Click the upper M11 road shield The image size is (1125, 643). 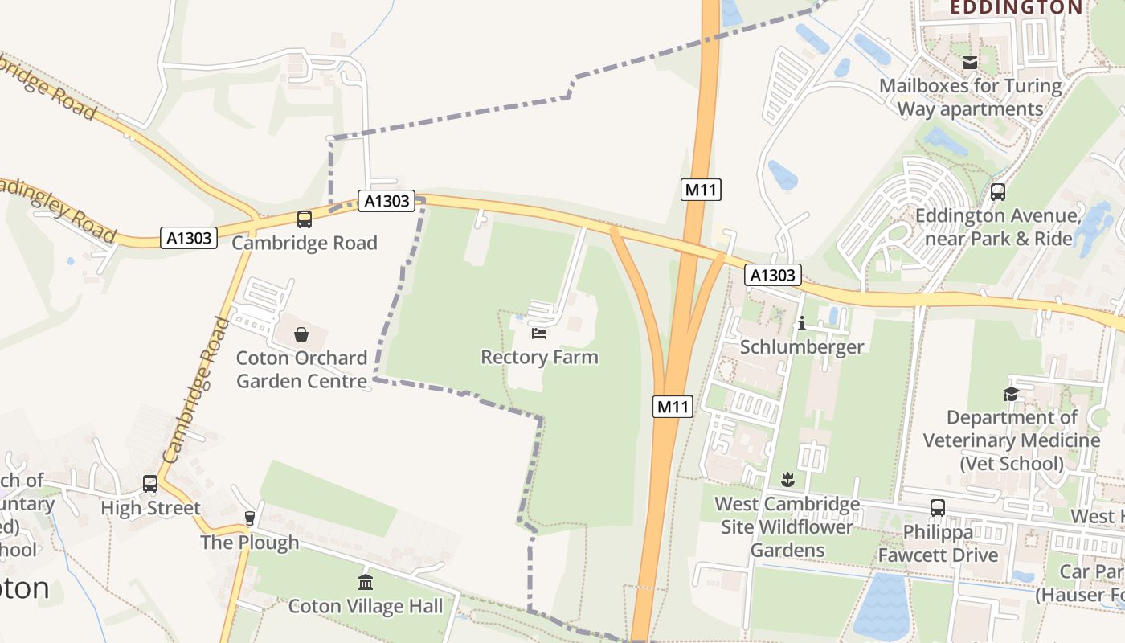pyautogui.click(x=701, y=190)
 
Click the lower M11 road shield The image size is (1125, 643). pyautogui.click(x=673, y=407)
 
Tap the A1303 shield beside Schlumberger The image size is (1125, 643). pyautogui.click(x=772, y=275)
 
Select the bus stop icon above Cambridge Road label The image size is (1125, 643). pyautogui.click(x=305, y=219)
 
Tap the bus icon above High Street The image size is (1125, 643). pyautogui.click(x=150, y=483)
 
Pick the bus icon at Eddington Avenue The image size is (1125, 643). pyautogui.click(x=997, y=192)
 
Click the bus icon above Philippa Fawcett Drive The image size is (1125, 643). pyautogui.click(x=937, y=507)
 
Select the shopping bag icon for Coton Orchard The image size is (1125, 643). pyautogui.click(x=301, y=334)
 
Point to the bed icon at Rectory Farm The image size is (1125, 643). pyautogui.click(x=539, y=333)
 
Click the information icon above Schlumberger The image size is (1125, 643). pyautogui.click(x=801, y=323)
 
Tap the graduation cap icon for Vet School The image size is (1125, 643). pyautogui.click(x=1011, y=394)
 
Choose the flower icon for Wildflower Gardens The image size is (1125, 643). pyautogui.click(x=787, y=480)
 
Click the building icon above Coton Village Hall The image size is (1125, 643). pyautogui.click(x=366, y=582)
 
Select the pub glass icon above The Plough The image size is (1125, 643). pyautogui.click(x=249, y=518)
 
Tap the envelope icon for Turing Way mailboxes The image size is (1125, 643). pyautogui.click(x=970, y=62)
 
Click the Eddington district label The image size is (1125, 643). pyautogui.click(x=1016, y=8)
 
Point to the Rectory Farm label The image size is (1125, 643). pyautogui.click(x=539, y=357)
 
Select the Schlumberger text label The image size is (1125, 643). pyautogui.click(x=801, y=347)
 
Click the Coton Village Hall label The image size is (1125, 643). pyautogui.click(x=366, y=606)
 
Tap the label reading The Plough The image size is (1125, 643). pyautogui.click(x=249, y=543)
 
